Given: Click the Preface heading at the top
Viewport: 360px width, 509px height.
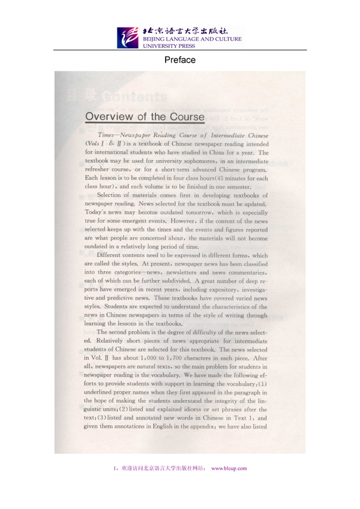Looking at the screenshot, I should pyautogui.click(x=180, y=60).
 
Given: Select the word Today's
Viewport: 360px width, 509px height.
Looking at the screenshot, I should pyautogui.click(x=98, y=212).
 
